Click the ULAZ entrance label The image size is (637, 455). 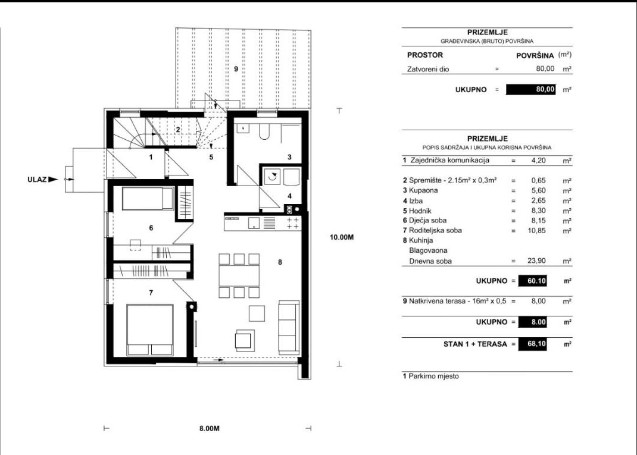pos(36,180)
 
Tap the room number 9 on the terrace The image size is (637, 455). pos(236,69)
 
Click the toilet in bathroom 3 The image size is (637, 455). pos(264,131)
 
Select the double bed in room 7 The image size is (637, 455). pos(150,330)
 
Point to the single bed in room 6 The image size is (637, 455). pos(148,199)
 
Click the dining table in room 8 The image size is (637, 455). pos(239,275)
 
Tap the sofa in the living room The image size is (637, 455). pos(289,327)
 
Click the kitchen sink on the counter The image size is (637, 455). pos(254,223)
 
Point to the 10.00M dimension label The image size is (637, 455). pos(342,237)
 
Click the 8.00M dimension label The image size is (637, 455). pos(209,428)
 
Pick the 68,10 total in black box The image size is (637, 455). pos(536,344)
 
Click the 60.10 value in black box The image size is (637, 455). pos(536,281)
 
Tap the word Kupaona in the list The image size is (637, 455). pos(423,190)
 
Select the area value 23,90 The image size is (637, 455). pos(536,261)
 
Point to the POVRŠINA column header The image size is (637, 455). pos(535,55)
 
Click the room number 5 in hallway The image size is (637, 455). pos(211,157)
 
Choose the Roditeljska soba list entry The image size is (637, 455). pos(435,231)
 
